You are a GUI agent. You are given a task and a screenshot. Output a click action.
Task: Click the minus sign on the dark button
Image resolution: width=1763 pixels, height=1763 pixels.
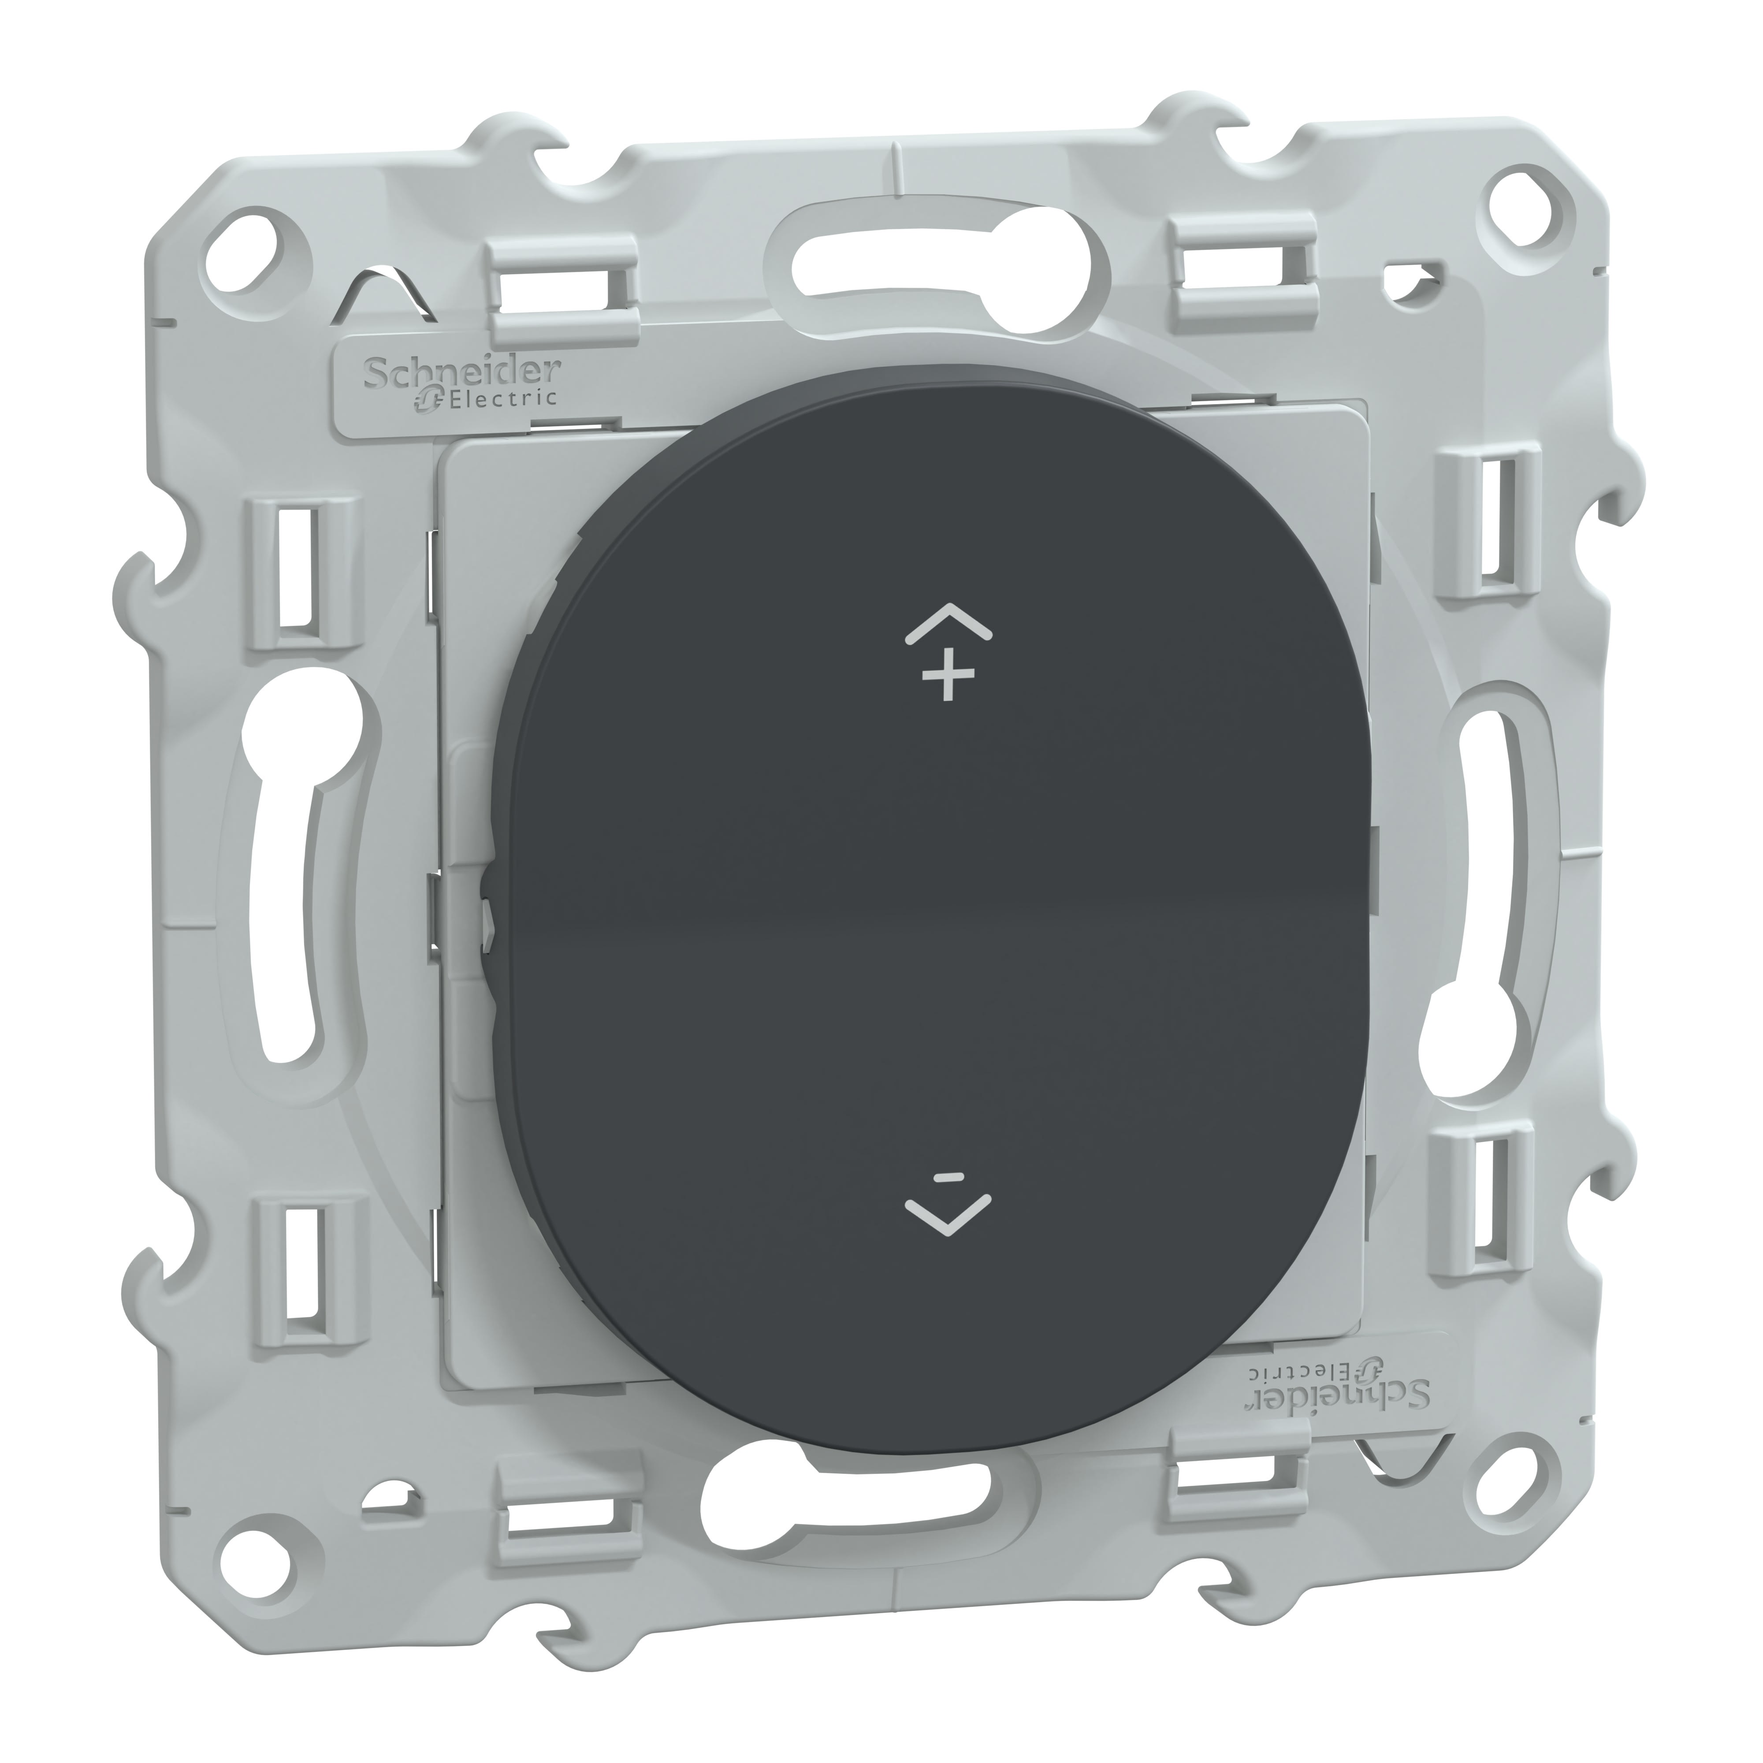click(x=949, y=1177)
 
